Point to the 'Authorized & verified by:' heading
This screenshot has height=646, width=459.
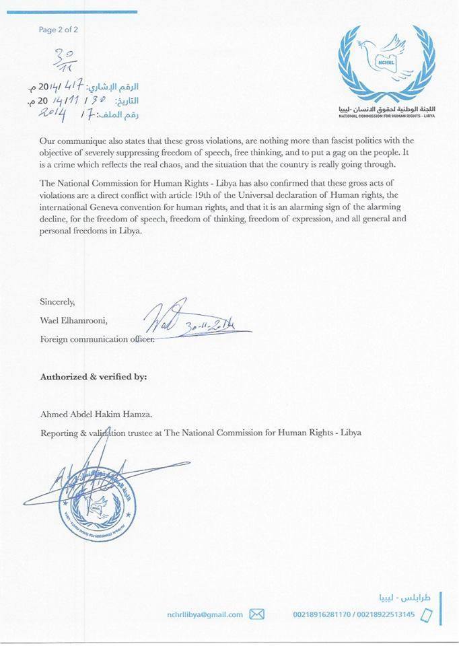tap(94, 377)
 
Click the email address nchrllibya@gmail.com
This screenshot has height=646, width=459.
tap(205, 614)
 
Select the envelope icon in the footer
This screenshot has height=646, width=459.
tap(257, 614)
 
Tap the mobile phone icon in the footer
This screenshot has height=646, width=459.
tap(425, 614)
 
